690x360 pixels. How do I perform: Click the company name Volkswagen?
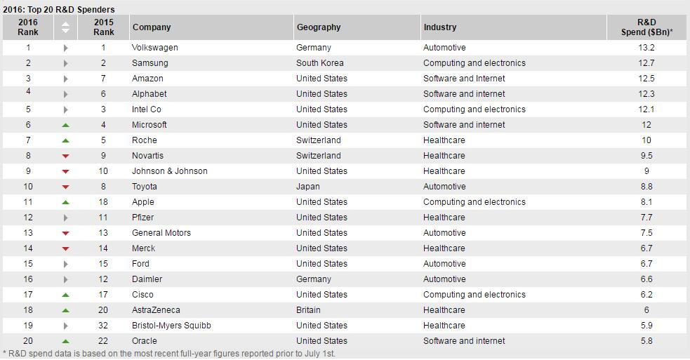[x=155, y=48]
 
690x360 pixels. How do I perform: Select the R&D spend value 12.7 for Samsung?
[x=646, y=63]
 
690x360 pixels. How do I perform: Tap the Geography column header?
[x=319, y=27]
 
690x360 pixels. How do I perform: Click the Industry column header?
[x=440, y=27]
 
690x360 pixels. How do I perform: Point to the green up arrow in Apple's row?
[x=65, y=202]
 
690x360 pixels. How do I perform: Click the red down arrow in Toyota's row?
[x=65, y=187]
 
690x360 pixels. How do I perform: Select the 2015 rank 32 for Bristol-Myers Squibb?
[x=103, y=326]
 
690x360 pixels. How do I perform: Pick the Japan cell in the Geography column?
[x=308, y=187]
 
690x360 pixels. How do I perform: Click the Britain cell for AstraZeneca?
[x=308, y=310]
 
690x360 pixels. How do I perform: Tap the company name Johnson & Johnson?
[x=169, y=171]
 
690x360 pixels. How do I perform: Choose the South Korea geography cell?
[x=320, y=63]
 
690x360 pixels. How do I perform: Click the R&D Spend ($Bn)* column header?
[x=646, y=27]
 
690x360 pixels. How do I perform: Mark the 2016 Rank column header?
[x=27, y=27]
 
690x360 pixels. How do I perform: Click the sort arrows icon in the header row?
[x=65, y=27]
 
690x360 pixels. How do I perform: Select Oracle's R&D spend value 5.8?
[x=646, y=341]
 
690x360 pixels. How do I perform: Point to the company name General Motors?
[x=161, y=233]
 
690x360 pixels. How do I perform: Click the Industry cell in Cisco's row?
[x=475, y=295]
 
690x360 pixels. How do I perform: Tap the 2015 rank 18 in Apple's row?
[x=103, y=202]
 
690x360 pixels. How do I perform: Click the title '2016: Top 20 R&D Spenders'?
[x=58, y=9]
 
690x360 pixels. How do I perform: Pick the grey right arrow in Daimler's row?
[x=65, y=279]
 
